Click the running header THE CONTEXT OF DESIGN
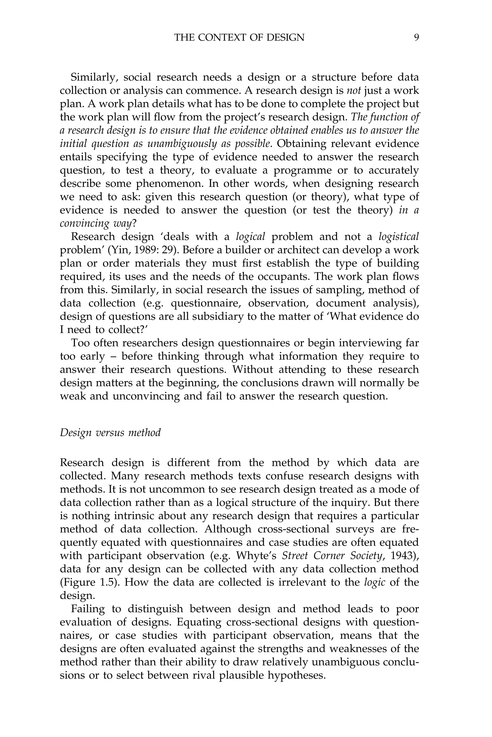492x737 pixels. [x=239, y=38]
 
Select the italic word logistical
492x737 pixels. [x=399, y=237]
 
